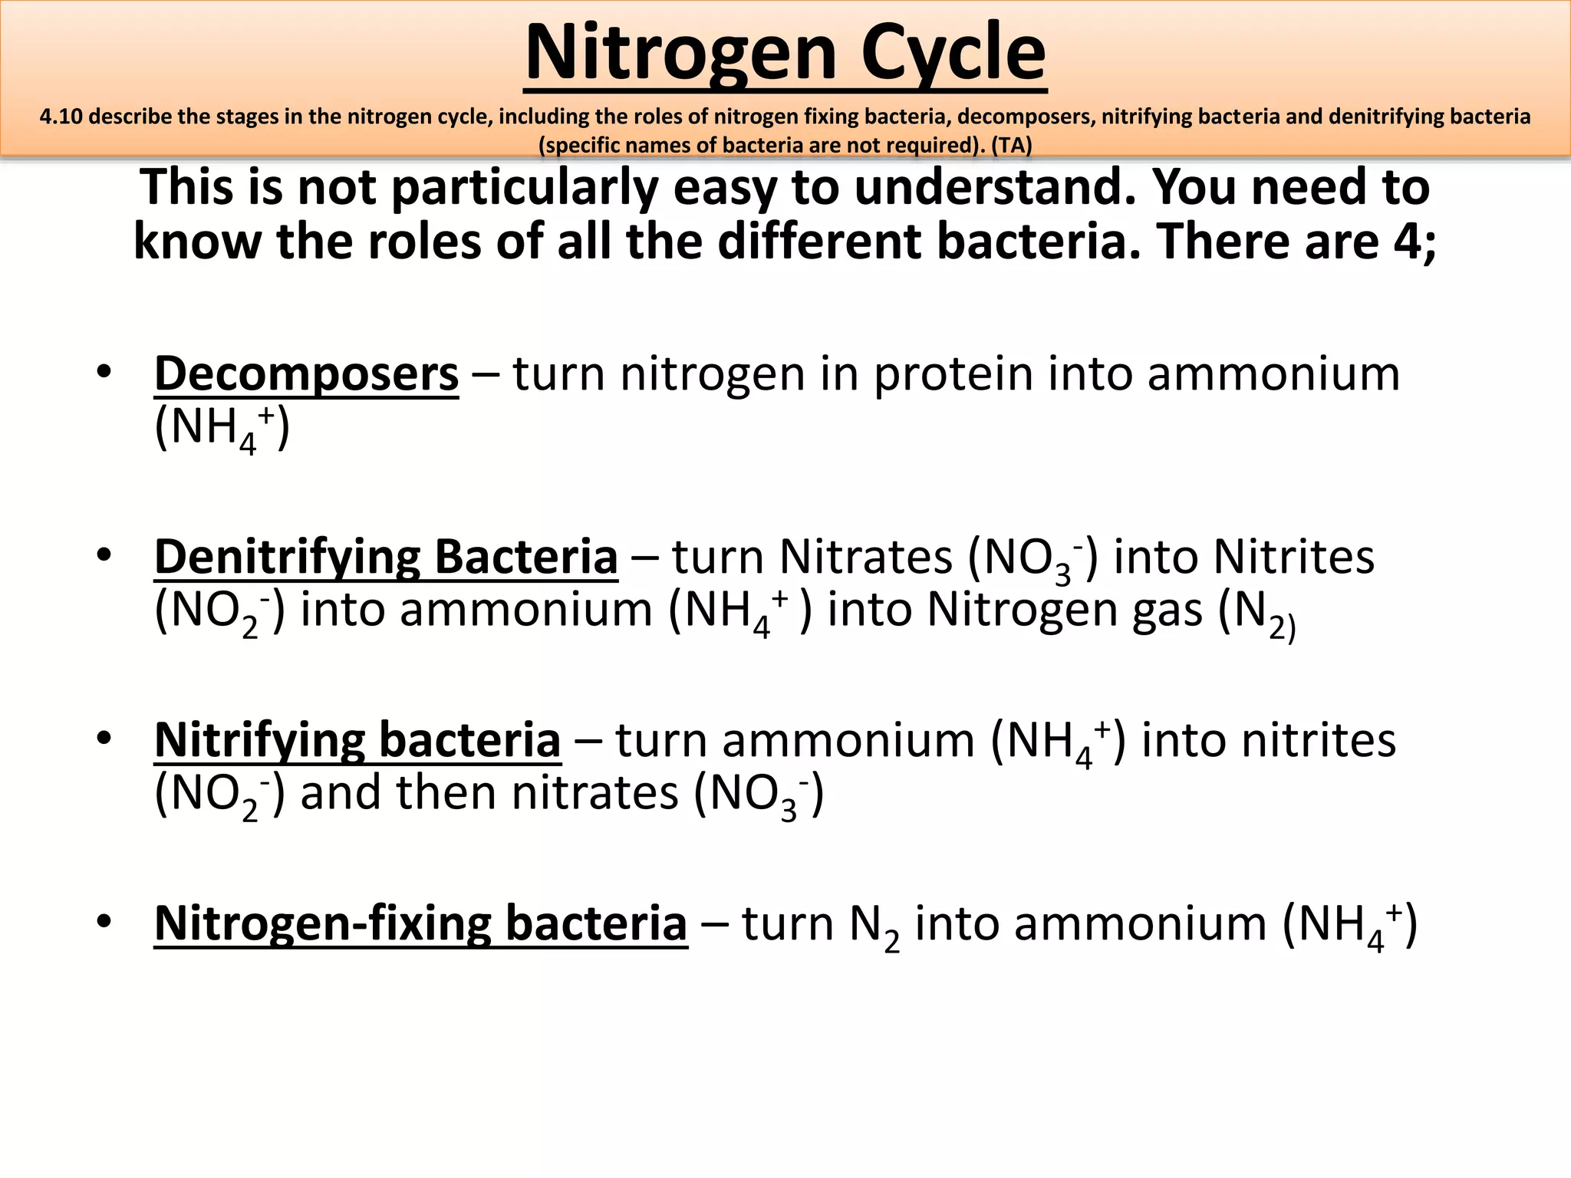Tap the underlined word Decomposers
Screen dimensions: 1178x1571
(306, 374)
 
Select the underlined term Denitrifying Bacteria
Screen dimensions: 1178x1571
(386, 557)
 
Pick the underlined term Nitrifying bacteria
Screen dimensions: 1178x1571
(357, 741)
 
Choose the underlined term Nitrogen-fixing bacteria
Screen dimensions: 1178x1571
(420, 923)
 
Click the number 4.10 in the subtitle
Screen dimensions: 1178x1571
(61, 117)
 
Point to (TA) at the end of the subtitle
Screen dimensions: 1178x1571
(1012, 145)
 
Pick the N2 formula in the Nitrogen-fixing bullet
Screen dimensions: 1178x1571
(874, 926)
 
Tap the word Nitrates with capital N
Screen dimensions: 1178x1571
(865, 557)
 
